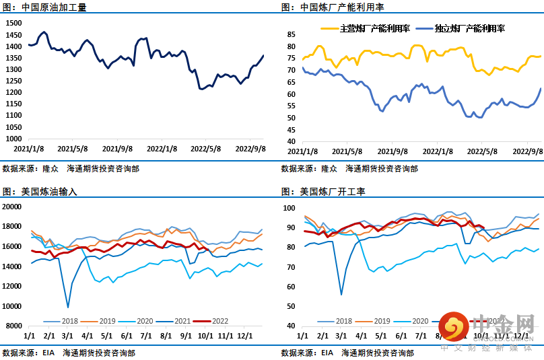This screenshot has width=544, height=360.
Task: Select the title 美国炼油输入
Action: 49,192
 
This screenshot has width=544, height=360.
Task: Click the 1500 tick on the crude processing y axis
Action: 13,22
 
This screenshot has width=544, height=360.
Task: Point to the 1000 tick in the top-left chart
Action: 13,139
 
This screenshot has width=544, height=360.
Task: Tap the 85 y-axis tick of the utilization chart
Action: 292,34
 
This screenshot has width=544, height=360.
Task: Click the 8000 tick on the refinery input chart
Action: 14,326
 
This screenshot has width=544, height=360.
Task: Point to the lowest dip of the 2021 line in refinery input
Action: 67,307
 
